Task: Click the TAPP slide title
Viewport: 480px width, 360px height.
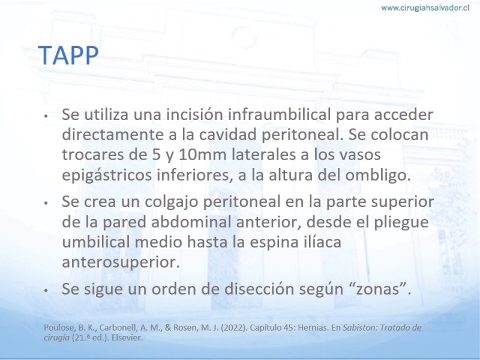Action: point(68,55)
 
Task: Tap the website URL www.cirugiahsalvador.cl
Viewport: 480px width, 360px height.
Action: point(425,8)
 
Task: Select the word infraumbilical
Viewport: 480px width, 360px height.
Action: point(279,115)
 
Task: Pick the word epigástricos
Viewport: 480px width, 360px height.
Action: point(107,175)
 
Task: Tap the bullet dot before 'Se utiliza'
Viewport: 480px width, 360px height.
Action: point(46,116)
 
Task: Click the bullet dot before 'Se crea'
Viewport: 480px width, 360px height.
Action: point(46,203)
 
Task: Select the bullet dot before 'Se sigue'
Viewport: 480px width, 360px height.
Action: point(46,290)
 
